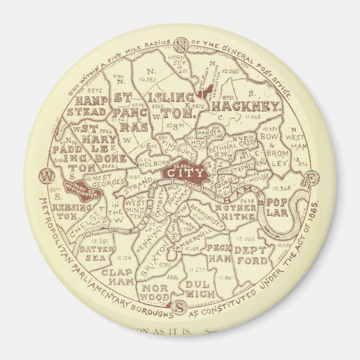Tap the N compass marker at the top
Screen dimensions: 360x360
pyautogui.click(x=180, y=45)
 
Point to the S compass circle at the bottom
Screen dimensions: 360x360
pyautogui.click(x=180, y=307)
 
